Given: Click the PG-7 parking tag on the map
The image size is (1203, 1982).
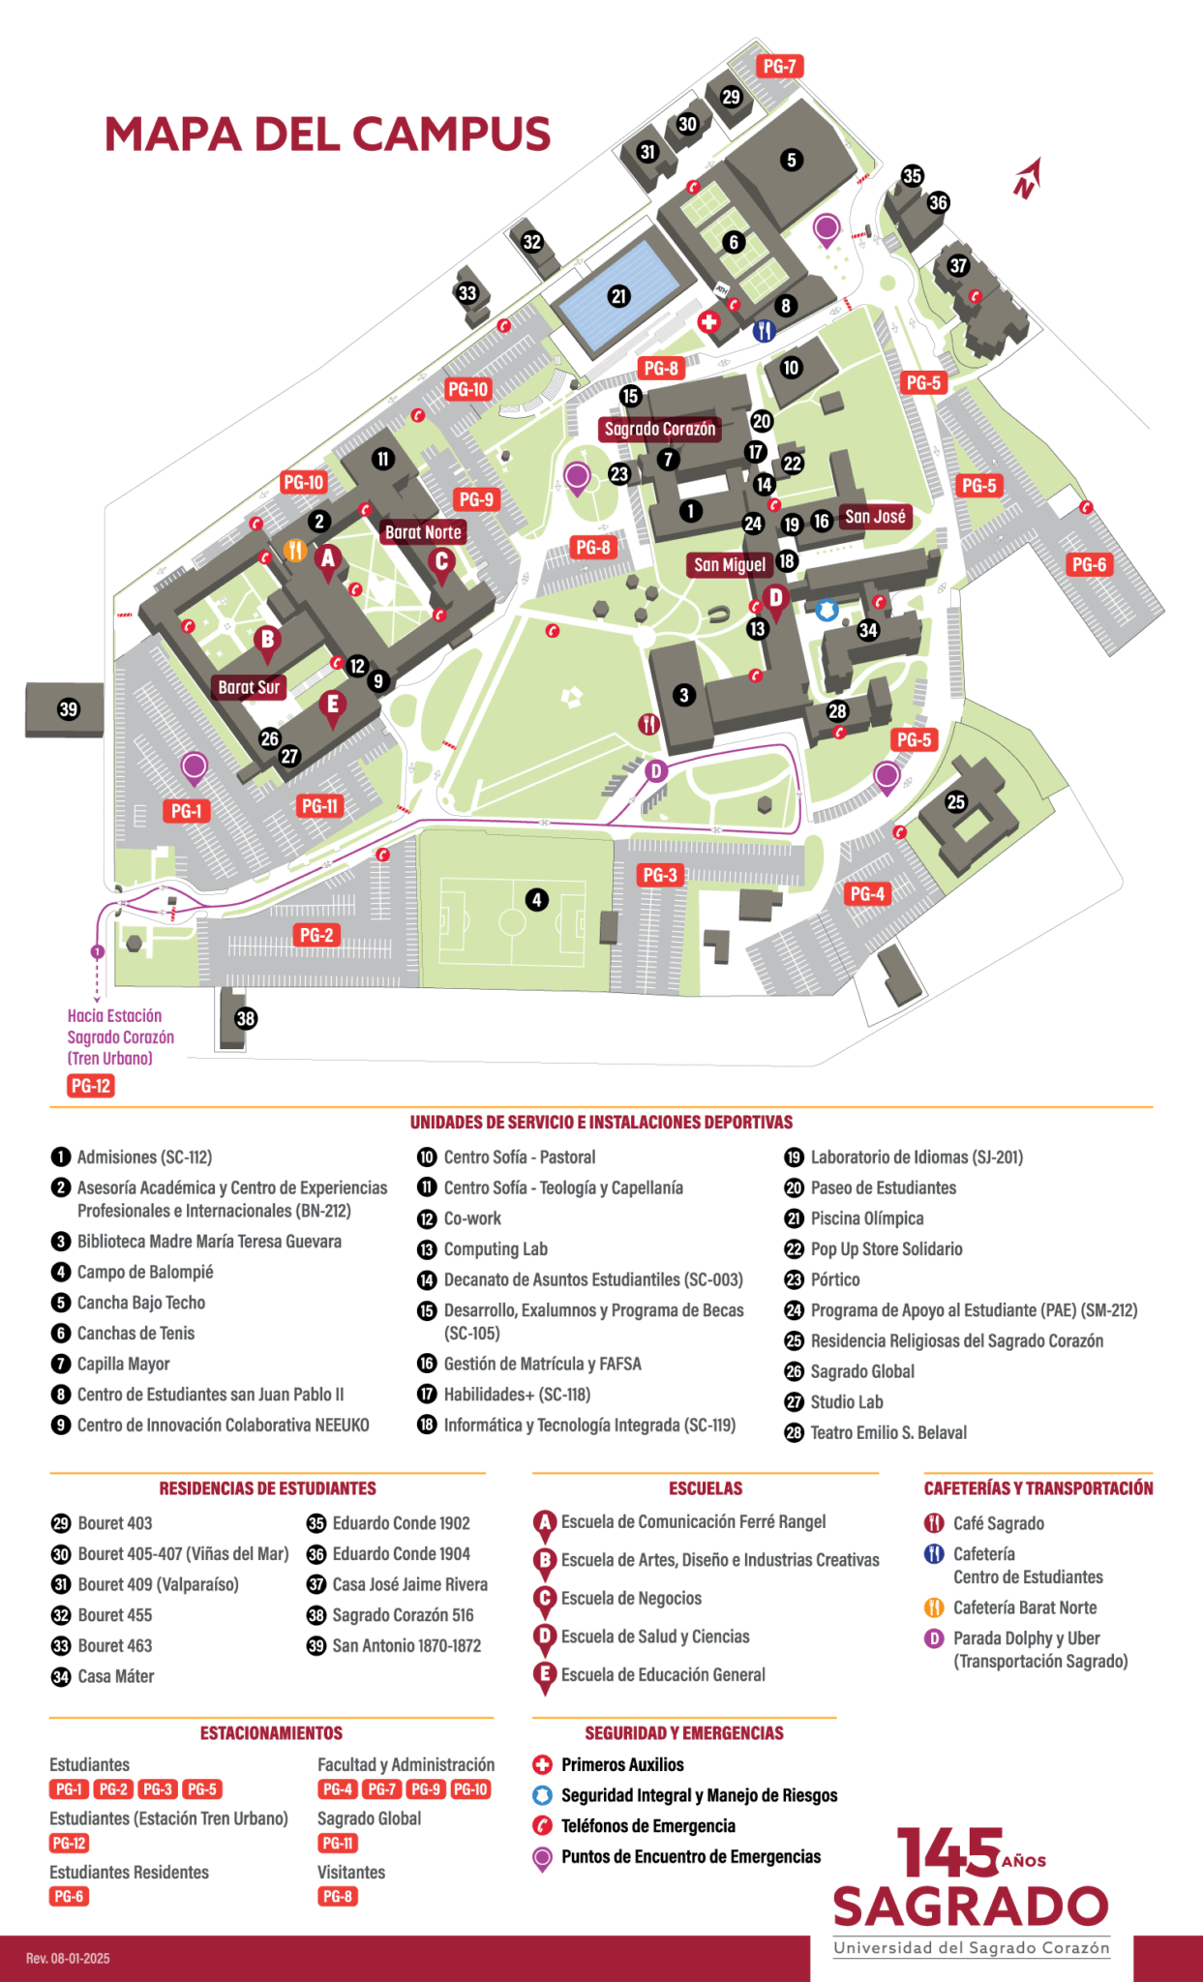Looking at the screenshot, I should (779, 66).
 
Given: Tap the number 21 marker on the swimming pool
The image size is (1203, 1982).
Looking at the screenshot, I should (619, 297).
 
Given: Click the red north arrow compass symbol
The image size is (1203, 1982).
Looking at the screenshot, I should (1027, 179).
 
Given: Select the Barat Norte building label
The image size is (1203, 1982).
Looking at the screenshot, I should (423, 531).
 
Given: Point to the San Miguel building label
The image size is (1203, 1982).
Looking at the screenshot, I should (730, 564).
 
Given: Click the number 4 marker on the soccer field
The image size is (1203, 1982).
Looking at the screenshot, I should (536, 900).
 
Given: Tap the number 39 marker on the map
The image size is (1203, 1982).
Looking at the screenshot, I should (68, 709).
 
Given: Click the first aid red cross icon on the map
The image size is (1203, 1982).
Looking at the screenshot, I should (709, 322).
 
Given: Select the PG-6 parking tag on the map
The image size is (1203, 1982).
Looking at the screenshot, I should (1089, 564).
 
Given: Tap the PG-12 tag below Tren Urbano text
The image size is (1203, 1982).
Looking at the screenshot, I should (91, 1086).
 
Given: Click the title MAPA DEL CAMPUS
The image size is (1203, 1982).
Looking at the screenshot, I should (327, 134).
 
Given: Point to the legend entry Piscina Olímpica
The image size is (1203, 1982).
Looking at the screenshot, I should (866, 1218).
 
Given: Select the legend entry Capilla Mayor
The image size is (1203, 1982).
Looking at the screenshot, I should (123, 1364).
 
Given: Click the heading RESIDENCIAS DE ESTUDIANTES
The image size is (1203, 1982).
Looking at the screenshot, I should (267, 1487).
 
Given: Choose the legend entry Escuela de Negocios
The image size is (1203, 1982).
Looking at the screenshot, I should (631, 1598).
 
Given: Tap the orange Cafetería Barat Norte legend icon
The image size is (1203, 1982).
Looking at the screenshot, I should (934, 1607).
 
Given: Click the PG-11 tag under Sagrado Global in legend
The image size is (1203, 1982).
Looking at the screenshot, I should (338, 1843).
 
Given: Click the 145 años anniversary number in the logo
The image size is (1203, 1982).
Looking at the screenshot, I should (948, 1853).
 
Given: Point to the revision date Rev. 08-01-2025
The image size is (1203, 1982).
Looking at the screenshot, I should (68, 1958).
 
